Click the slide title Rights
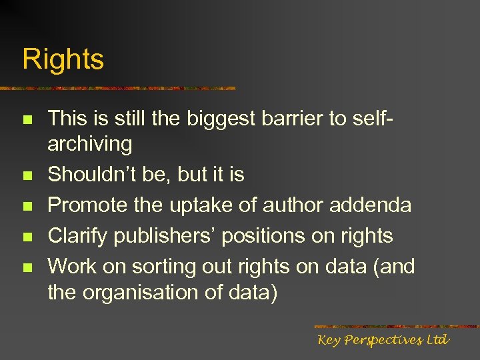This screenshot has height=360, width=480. click(x=63, y=59)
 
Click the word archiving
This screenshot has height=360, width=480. click(x=90, y=144)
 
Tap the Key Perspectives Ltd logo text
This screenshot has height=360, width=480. click(x=383, y=340)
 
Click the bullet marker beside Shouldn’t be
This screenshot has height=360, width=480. click(x=27, y=176)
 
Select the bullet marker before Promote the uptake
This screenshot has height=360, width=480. click(x=27, y=207)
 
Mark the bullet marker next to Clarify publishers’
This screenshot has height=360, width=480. click(x=27, y=237)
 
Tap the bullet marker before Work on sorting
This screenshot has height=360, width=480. click(x=27, y=268)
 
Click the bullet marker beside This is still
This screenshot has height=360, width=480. click(x=27, y=120)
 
